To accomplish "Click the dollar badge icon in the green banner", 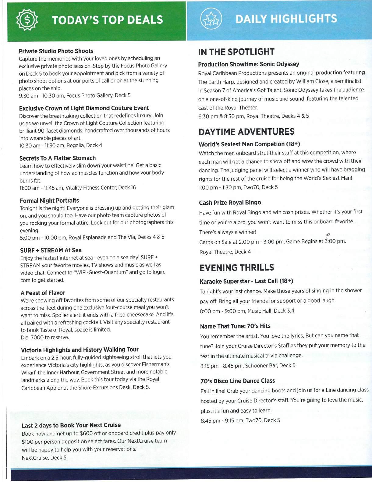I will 26,20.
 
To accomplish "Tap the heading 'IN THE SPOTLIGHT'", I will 236,52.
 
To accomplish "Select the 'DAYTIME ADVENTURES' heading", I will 246,132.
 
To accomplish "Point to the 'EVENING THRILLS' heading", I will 237,268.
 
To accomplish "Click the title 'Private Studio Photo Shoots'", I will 56,51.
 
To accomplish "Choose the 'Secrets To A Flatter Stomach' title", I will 58,158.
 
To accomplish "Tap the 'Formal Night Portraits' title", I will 49,200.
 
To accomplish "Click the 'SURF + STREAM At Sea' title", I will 51,250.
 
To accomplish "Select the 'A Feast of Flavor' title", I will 43,293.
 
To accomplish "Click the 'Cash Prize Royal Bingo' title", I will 230,203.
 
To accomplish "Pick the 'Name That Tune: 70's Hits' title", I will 235,326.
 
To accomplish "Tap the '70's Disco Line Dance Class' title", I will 238,381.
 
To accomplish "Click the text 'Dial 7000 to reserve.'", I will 45,337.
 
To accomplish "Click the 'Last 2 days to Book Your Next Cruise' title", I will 71,425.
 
